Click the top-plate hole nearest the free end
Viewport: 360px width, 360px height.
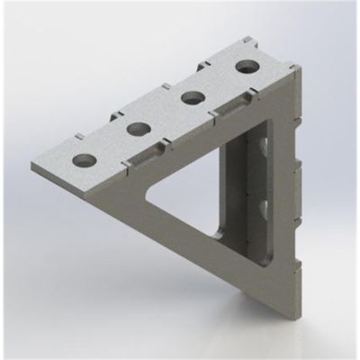[83, 161]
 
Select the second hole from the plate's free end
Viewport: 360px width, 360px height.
[138, 130]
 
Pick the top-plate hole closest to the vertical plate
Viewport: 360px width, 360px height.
[245, 66]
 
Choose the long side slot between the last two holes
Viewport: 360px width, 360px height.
[232, 106]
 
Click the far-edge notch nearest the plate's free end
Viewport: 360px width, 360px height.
[79, 138]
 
